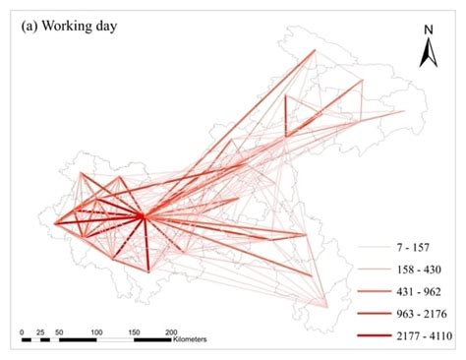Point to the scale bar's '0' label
(x=22, y=331)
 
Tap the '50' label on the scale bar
(x=58, y=331)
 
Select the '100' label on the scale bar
(x=95, y=331)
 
